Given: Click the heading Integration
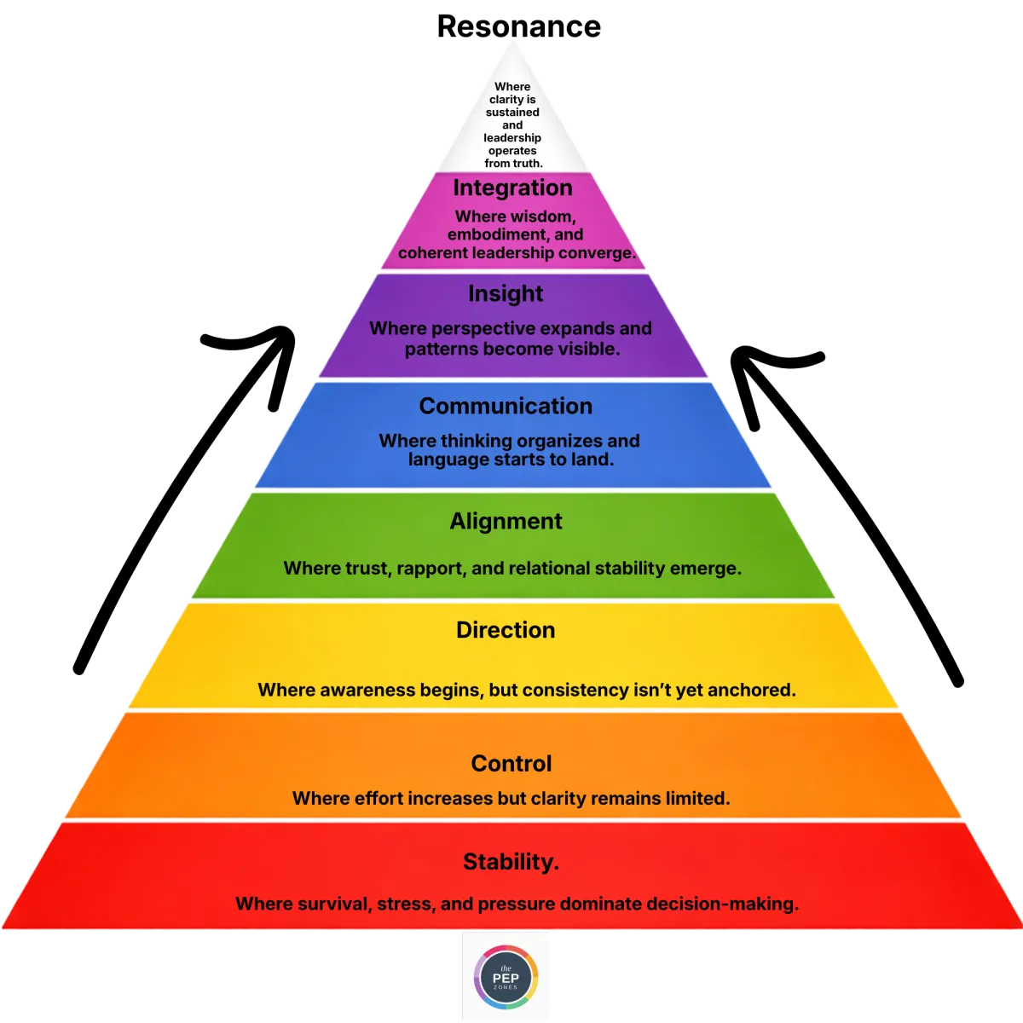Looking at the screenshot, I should tap(512, 188).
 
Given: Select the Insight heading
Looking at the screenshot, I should tap(506, 293).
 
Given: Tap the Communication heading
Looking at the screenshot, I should tap(506, 406).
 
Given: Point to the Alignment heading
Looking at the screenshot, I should tap(506, 521).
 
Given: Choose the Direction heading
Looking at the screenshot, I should tap(506, 630).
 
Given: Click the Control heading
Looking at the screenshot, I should tap(511, 763).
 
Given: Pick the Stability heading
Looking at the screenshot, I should tap(511, 862).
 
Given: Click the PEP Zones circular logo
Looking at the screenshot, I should tap(506, 976).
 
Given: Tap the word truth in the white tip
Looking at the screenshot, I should tap(528, 164).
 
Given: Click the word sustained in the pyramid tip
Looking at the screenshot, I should tap(512, 113).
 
